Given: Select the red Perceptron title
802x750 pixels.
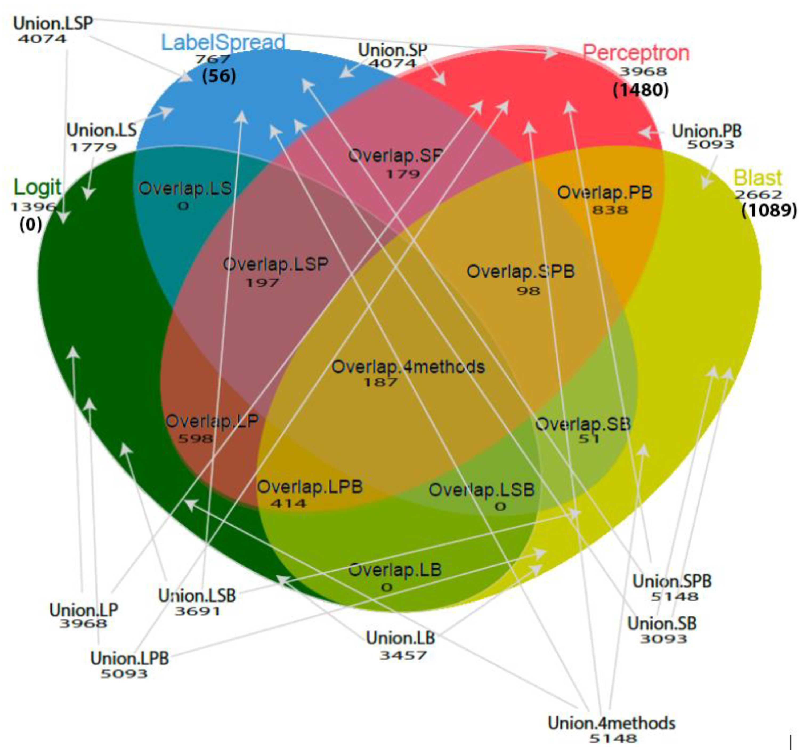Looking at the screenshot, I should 636,53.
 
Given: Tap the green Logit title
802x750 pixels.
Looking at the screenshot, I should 37,187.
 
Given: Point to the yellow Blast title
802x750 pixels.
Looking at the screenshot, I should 758,178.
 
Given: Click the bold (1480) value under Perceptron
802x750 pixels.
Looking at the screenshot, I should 640,90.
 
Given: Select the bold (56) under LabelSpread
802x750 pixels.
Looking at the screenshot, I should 219,75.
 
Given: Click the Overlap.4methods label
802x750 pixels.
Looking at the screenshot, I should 408,367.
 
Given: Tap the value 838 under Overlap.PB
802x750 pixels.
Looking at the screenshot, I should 610,210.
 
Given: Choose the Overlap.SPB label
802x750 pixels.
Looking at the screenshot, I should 520,271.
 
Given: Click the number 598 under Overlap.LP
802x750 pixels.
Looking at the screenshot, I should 195,438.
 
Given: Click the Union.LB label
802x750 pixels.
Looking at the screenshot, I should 400,638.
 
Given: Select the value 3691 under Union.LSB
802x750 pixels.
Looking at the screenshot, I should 197,611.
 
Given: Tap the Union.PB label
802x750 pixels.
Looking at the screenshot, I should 706,131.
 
